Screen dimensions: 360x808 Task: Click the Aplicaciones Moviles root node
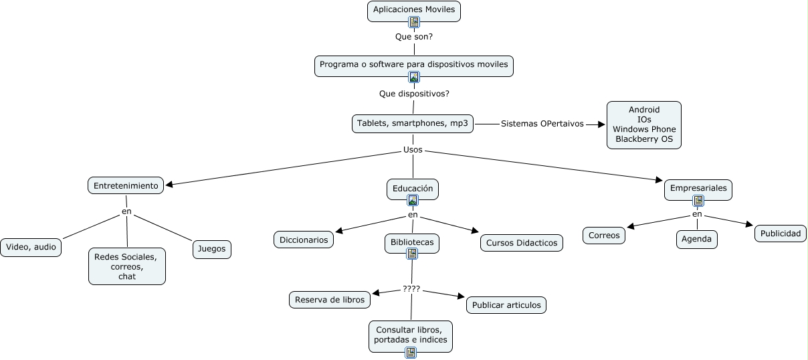[414, 10]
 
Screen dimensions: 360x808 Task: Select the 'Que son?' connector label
[414, 37]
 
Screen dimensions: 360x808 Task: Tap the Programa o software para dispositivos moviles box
[414, 64]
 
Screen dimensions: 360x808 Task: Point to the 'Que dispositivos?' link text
[414, 94]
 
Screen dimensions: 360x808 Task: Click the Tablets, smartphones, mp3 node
[413, 124]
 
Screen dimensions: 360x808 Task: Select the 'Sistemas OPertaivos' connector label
[542, 124]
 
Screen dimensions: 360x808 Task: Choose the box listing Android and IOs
[643, 124]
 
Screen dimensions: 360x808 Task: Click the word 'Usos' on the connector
[413, 149]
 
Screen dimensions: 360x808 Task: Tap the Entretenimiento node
[126, 185]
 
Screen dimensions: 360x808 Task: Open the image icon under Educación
[413, 200]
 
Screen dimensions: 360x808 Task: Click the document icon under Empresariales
[698, 201]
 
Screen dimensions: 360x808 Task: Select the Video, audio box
[31, 247]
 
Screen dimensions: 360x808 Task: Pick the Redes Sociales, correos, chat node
[126, 266]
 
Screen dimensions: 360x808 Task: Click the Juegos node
[212, 250]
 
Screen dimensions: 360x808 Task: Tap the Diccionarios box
[304, 240]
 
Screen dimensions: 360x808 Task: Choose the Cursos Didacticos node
[521, 243]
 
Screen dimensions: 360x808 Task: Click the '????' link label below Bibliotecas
[411, 289]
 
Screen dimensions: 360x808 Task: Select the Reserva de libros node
[330, 300]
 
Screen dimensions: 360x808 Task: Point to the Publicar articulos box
[506, 305]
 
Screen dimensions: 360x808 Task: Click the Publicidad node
[781, 234]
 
